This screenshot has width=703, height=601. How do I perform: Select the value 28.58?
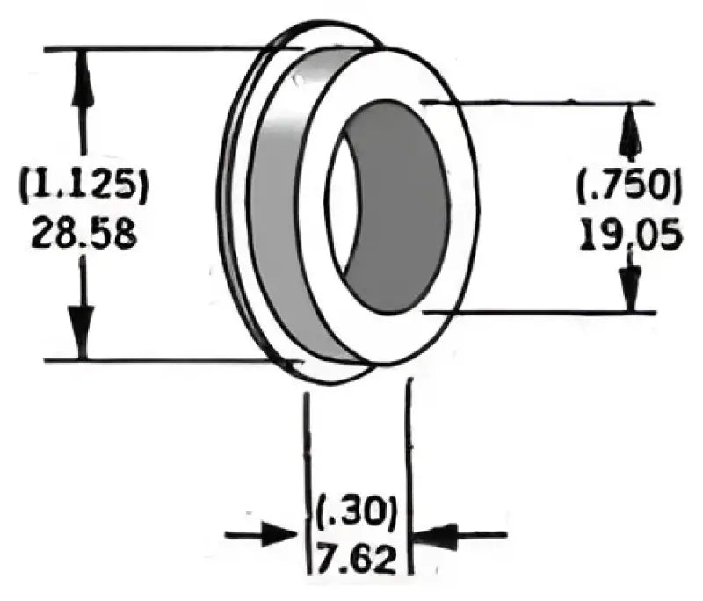coord(83,234)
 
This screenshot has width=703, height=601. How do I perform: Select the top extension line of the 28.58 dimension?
coord(158,48)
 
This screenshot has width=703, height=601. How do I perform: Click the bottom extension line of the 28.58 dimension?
coord(158,360)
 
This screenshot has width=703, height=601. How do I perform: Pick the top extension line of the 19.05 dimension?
coord(545,103)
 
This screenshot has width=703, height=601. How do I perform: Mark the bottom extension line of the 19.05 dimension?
coord(545,312)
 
